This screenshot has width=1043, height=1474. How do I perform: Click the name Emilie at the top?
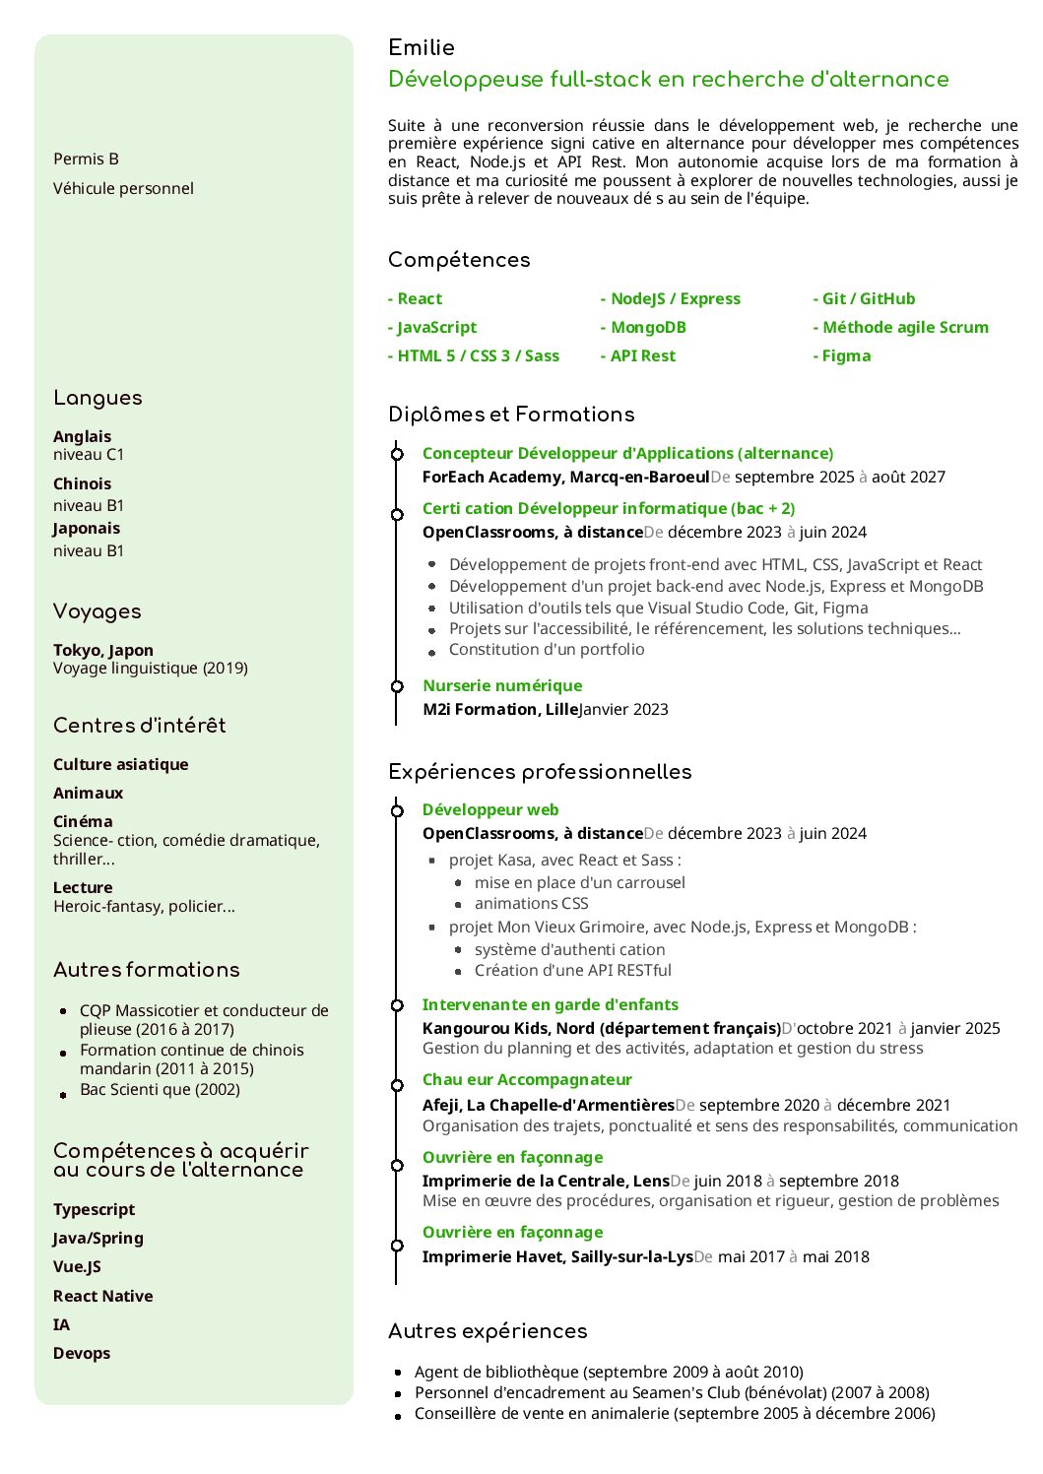click(x=422, y=47)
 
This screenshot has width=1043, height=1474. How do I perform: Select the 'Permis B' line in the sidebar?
click(x=86, y=159)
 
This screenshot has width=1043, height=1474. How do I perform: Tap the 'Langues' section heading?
click(x=98, y=398)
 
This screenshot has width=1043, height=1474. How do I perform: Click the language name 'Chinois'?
click(x=82, y=483)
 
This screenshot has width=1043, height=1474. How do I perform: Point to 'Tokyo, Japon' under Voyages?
click(x=103, y=650)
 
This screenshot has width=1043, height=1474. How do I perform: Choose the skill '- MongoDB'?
click(x=642, y=327)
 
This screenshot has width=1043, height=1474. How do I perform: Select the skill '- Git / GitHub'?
click(x=864, y=298)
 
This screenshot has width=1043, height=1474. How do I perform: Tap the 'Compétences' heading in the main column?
click(x=459, y=260)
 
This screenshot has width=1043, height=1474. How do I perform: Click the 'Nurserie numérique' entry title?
click(x=502, y=685)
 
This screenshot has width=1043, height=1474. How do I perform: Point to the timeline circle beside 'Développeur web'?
click(x=397, y=810)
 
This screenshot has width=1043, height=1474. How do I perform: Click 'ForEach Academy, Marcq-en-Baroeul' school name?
click(x=565, y=477)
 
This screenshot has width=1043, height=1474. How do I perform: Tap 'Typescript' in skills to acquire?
click(x=95, y=1209)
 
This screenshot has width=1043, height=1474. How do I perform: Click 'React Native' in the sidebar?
click(x=103, y=1296)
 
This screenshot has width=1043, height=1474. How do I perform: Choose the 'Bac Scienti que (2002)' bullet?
click(x=160, y=1089)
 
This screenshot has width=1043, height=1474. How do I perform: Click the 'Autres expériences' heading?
click(x=488, y=1331)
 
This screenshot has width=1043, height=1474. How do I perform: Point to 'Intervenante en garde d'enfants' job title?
click(x=550, y=1004)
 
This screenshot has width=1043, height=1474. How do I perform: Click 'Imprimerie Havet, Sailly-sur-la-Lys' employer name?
click(x=557, y=1256)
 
